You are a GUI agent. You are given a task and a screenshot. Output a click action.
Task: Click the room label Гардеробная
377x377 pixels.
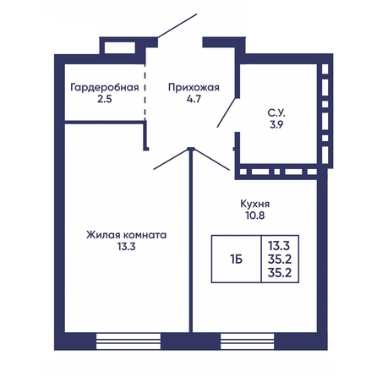click(x=105, y=87)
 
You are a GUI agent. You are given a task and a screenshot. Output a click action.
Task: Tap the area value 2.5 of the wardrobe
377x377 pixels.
click(x=105, y=99)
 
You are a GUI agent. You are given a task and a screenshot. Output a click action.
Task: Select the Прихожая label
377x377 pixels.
click(x=194, y=87)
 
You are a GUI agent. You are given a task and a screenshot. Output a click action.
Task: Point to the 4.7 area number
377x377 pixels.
click(x=194, y=99)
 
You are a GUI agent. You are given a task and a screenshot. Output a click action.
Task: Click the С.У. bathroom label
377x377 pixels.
click(x=276, y=113)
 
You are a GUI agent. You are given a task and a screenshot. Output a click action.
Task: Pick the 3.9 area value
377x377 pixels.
click(x=276, y=125)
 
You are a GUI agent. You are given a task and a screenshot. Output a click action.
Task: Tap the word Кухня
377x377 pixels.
click(x=255, y=204)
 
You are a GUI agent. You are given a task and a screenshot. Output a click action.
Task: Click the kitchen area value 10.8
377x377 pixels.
click(x=255, y=216)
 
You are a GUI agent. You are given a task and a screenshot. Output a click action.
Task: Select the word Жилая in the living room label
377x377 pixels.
click(x=102, y=235)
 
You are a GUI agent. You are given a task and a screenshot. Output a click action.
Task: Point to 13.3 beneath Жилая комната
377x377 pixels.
click(x=127, y=247)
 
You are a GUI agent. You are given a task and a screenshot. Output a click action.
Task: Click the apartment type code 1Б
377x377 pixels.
click(x=236, y=260)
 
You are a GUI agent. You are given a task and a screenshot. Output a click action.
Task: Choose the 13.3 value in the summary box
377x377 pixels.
click(x=279, y=246)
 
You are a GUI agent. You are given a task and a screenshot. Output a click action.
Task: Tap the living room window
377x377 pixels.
click(x=128, y=341)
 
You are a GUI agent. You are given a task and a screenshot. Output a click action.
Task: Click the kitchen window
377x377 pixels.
click(x=248, y=341)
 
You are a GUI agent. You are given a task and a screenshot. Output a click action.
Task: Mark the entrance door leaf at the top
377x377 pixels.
click(x=177, y=25)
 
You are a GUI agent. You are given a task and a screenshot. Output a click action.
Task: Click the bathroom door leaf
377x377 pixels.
click(x=226, y=112)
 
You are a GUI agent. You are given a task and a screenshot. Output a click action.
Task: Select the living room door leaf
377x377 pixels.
click(x=171, y=159)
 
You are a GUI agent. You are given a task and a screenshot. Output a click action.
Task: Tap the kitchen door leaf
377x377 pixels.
click(x=211, y=159)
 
